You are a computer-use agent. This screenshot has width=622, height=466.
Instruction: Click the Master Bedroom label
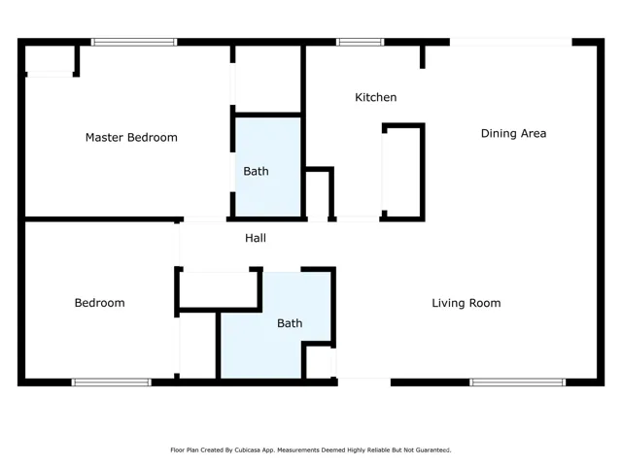point(131,138)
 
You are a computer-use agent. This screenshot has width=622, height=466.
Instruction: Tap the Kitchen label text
point(376,97)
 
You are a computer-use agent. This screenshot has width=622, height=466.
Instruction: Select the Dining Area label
point(513,134)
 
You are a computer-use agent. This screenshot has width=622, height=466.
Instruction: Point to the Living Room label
point(466,303)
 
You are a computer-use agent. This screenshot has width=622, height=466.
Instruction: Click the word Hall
point(256,238)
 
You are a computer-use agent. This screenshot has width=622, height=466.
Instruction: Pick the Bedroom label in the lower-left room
point(99,303)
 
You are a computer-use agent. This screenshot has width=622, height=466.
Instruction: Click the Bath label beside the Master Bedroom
point(256,171)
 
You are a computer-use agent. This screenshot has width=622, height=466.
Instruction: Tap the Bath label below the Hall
point(290,323)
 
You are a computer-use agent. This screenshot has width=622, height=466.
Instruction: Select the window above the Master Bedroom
point(134,42)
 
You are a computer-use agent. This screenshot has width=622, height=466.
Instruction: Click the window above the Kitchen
point(361,42)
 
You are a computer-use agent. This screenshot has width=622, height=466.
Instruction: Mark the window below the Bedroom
point(112,382)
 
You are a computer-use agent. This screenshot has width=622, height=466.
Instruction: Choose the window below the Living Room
point(518,382)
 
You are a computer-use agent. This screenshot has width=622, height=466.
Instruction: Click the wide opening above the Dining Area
point(511,42)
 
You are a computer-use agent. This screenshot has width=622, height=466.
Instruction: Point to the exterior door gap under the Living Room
point(364,382)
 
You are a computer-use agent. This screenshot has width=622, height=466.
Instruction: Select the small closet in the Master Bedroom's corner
point(50,59)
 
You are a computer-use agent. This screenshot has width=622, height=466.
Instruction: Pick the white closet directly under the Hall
point(218,289)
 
